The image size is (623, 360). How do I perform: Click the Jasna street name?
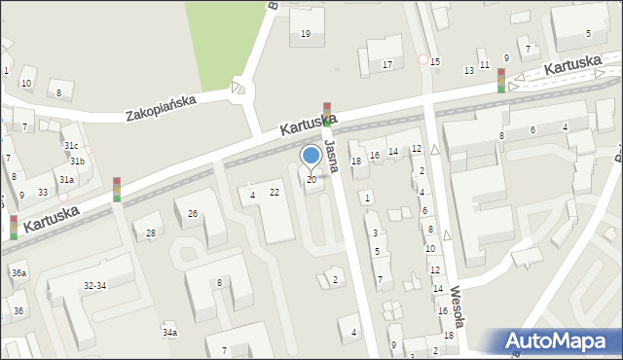pyautogui.click(x=333, y=156)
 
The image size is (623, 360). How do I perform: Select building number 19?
pyautogui.click(x=306, y=34)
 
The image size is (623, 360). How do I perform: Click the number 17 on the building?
pyautogui.click(x=386, y=64)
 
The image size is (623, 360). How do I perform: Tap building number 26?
pyautogui.click(x=193, y=213)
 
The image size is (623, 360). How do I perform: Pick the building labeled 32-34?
pyautogui.click(x=95, y=286)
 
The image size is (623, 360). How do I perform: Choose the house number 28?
pyautogui.click(x=151, y=234)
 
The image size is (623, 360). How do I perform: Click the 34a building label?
pyautogui.click(x=170, y=333)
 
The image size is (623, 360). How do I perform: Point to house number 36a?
pyautogui.click(x=19, y=273)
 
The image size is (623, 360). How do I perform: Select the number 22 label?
pyautogui.click(x=275, y=192)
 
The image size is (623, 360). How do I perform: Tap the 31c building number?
pyautogui.click(x=71, y=145)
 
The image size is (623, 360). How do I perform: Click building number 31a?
pyautogui.click(x=66, y=180)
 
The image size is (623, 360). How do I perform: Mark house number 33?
pyautogui.click(x=43, y=192)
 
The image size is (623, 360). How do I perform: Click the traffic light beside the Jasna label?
pyautogui.click(x=327, y=114)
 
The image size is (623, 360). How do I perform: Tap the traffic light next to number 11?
pyautogui.click(x=501, y=80)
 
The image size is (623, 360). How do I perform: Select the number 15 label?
pyautogui.click(x=435, y=62)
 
